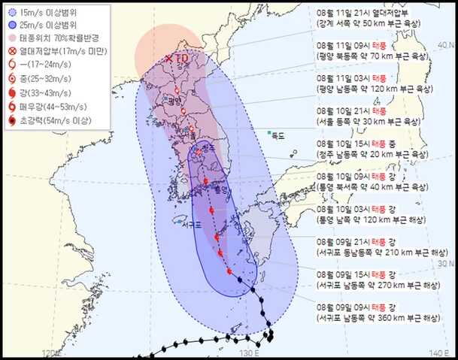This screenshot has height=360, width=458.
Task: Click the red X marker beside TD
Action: click(x=170, y=58)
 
